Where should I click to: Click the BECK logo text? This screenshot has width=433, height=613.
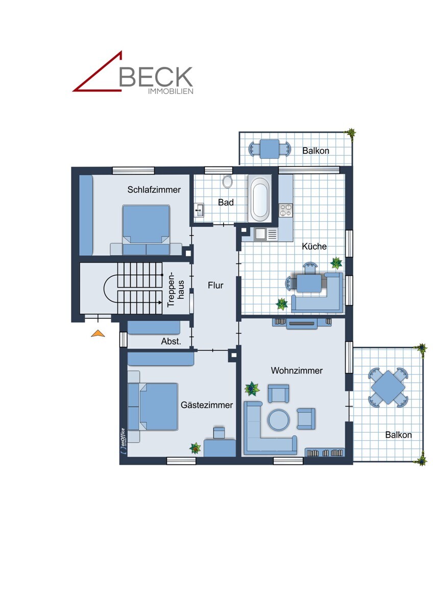156,77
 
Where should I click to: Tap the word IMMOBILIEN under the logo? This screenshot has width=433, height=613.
170,91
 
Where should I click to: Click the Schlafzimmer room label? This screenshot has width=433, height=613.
154,190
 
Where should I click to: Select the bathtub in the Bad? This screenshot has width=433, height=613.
260,199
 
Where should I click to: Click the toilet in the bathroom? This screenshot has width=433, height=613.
227,181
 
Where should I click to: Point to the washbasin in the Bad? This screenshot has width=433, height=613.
199,210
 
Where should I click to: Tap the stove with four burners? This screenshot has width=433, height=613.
285,209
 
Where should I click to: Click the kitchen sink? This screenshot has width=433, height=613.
266,234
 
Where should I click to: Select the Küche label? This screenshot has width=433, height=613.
314,246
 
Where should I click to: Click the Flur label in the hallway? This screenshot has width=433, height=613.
215,286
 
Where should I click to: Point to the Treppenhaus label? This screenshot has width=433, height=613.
175,289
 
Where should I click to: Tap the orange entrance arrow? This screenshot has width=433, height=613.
98,334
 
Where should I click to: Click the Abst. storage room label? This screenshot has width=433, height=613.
171,342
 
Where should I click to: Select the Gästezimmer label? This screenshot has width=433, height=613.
206,405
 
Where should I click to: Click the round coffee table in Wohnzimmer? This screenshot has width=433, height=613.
279,420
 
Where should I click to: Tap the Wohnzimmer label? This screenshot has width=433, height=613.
297,370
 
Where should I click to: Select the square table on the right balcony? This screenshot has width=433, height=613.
388,388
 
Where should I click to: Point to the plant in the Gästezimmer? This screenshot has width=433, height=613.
195,448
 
